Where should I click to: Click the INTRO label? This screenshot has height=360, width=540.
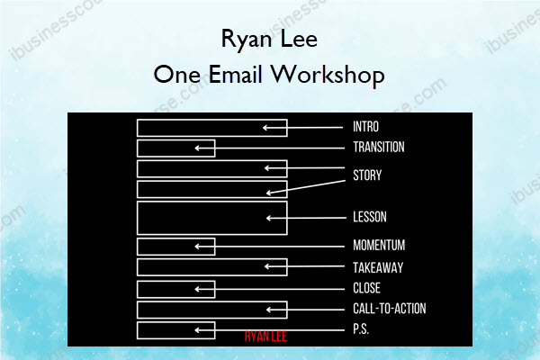coord(365,127)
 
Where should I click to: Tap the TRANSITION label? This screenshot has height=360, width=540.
coord(379,147)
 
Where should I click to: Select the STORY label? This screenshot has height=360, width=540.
coord(367,175)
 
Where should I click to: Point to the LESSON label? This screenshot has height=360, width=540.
coord(370,217)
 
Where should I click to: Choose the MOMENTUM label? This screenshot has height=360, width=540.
coord(379,246)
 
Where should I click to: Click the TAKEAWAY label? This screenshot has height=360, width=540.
coord(378,267)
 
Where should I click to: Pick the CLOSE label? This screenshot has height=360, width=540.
coord(367,288)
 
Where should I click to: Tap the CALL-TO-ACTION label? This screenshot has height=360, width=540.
coord(390,309)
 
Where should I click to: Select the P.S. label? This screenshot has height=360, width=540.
coord(361,329)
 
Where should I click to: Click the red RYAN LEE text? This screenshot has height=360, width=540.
coord(265,337)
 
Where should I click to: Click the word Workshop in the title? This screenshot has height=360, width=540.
coord(328,75)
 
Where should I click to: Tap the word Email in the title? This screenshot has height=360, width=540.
coord(235,75)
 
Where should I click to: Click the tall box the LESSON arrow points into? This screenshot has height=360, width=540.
coord(138,218)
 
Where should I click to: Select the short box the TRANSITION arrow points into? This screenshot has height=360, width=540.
coord(138,148)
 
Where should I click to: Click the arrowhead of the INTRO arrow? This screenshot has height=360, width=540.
coord(265,128)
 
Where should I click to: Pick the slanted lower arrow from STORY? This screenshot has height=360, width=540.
coord(306,186)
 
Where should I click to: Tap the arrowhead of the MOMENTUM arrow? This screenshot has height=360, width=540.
coord(197,247)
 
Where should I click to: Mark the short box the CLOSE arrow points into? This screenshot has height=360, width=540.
coord(138,290)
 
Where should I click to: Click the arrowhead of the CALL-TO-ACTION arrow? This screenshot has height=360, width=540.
coord(268,310)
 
